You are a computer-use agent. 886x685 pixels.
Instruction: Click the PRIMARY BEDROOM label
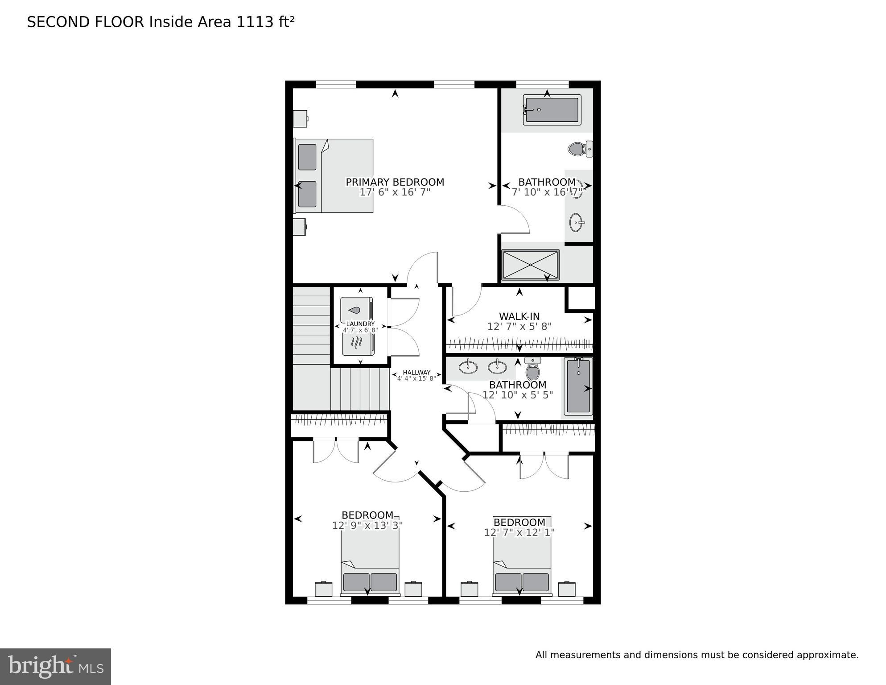(395, 182)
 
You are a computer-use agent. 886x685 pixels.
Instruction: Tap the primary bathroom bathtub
(552, 110)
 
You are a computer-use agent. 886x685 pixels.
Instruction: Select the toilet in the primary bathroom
(579, 149)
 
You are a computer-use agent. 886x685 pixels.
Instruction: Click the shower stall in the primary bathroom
(530, 265)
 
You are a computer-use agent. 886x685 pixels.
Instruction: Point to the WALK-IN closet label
(519, 317)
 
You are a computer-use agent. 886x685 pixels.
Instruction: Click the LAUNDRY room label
(360, 324)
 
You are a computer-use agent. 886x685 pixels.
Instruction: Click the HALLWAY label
(416, 373)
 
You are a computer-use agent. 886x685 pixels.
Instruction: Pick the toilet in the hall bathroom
(532, 369)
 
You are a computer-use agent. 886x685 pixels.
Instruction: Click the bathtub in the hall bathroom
(578, 386)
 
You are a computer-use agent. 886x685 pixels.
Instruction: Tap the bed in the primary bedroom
(334, 175)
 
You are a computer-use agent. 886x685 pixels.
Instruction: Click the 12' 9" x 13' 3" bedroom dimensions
(367, 526)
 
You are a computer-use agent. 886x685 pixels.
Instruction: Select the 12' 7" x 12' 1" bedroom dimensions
(519, 532)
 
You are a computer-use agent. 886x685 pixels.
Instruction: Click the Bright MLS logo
(55, 666)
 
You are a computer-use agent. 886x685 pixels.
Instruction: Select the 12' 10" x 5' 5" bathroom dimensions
(517, 395)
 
